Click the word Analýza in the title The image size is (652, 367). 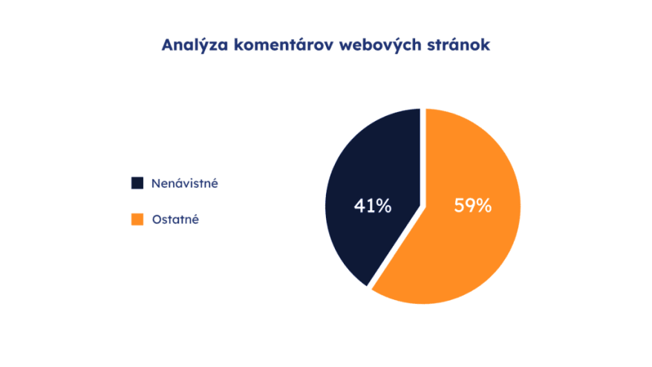(x=195, y=45)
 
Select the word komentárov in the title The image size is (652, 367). (x=284, y=45)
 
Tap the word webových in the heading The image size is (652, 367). (x=380, y=45)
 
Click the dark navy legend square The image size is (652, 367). (x=137, y=183)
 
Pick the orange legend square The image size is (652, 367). (x=137, y=219)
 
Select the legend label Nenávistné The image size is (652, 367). (x=185, y=183)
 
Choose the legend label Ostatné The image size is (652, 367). (x=175, y=219)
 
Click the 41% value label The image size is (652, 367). (x=373, y=206)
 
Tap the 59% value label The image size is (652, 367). (x=473, y=206)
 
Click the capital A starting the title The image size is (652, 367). (x=168, y=45)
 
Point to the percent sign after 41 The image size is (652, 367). (x=384, y=206)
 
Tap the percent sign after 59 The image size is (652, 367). (x=484, y=206)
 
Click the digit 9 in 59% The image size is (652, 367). (x=470, y=206)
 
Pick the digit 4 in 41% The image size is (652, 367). (x=359, y=206)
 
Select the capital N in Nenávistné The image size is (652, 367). (x=156, y=183)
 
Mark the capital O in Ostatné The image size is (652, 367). (x=157, y=219)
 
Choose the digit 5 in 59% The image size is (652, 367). (x=459, y=206)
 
